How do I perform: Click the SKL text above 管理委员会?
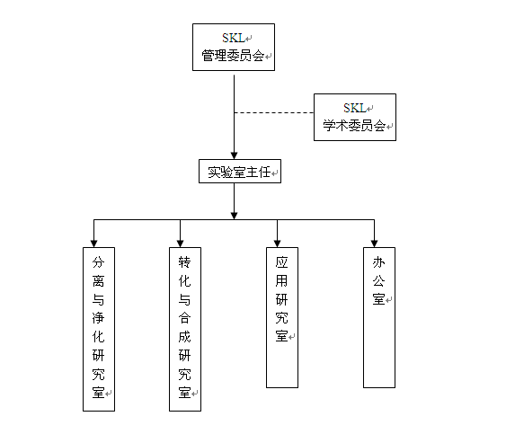(x=234, y=38)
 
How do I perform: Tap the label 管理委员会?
(x=233, y=56)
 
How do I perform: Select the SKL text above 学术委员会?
(x=355, y=108)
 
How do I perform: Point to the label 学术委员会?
(x=354, y=126)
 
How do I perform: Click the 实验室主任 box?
(x=240, y=172)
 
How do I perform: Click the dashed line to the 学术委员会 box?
(x=274, y=112)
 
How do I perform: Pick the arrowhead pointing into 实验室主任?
(x=235, y=155)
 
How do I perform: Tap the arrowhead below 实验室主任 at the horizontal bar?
(x=235, y=216)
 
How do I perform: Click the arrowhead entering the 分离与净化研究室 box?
(x=93, y=244)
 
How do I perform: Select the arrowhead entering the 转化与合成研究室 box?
(x=180, y=244)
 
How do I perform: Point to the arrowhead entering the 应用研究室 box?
(x=277, y=244)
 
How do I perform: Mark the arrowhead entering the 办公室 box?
(x=375, y=244)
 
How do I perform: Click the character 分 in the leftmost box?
(x=99, y=262)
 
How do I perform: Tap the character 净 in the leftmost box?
(x=99, y=318)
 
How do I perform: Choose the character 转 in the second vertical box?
(x=185, y=262)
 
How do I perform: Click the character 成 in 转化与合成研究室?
(x=185, y=337)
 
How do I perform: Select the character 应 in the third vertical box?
(x=281, y=262)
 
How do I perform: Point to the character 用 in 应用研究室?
(x=281, y=281)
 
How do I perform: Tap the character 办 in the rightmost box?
(x=379, y=262)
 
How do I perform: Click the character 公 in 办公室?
(x=379, y=281)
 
